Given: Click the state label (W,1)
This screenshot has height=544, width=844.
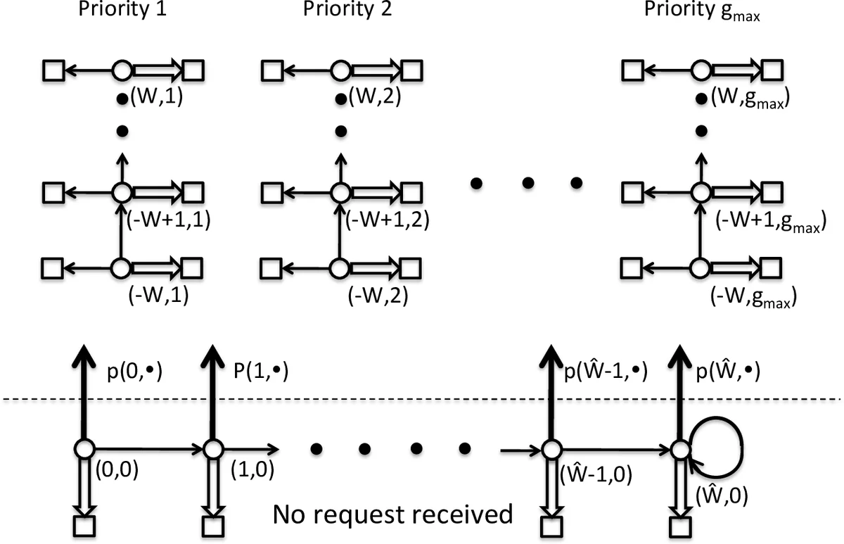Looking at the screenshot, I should tap(157, 99).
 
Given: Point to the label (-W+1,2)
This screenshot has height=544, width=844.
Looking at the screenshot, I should tap(388, 220).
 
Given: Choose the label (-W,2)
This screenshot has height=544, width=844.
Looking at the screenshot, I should tap(378, 296).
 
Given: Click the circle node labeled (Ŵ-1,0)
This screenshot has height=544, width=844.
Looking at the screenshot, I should tap(551, 449).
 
